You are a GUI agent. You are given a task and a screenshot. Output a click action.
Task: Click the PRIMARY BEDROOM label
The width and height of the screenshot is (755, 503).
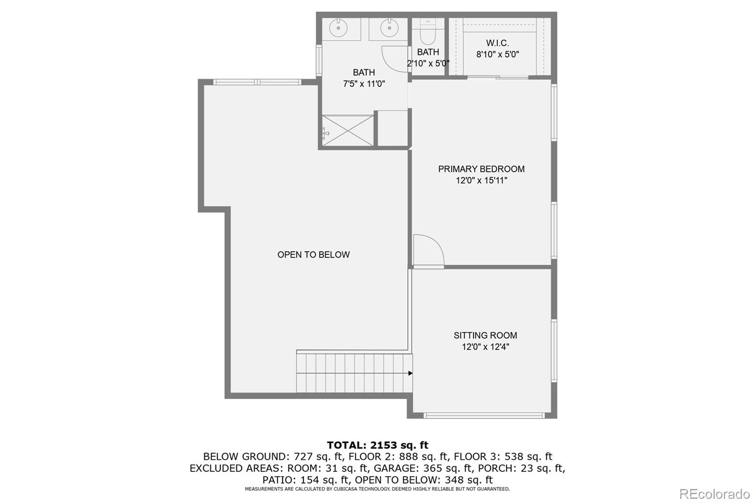(x=481, y=169)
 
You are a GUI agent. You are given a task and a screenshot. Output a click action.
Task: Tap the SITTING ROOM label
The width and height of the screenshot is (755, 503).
(x=485, y=335)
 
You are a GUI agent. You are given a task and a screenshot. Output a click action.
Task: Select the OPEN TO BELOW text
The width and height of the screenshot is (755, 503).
(x=313, y=254)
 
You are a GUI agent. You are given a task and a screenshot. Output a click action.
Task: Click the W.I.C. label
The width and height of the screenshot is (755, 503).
(x=497, y=43)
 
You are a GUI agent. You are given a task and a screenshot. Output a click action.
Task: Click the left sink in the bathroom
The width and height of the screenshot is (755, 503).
(x=338, y=28)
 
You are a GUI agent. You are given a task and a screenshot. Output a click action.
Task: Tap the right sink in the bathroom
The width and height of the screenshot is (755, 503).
(x=389, y=28)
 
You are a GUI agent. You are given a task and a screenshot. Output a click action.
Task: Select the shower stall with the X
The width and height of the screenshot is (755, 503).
(x=347, y=131)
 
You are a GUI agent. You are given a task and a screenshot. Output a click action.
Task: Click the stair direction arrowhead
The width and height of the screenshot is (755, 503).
(x=410, y=373)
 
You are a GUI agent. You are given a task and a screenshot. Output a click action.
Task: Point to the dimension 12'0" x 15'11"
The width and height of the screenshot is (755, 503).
(x=481, y=180)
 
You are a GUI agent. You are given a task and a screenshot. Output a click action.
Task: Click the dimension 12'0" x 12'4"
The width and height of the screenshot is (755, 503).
(x=485, y=346)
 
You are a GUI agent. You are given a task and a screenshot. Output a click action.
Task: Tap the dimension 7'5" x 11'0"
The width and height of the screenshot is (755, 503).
(x=364, y=84)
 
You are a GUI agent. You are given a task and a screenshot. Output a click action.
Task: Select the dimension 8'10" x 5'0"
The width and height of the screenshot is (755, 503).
(x=497, y=54)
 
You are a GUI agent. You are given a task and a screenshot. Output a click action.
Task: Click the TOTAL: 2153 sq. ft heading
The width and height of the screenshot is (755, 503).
(x=377, y=445)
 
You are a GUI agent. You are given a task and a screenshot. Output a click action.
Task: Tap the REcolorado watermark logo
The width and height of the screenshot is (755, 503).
(x=714, y=494)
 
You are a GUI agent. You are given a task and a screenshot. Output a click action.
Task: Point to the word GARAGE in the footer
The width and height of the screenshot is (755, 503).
(x=390, y=468)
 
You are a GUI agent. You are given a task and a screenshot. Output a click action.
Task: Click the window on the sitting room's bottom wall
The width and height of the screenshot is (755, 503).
(x=484, y=415)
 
